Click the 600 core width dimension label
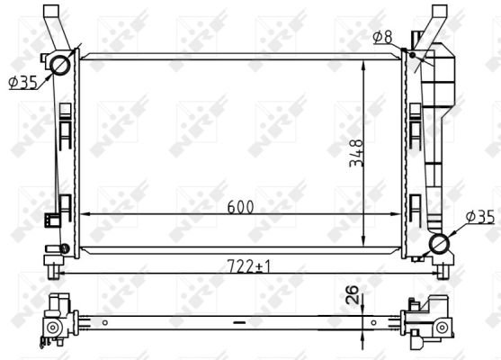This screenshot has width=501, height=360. coord(240,207)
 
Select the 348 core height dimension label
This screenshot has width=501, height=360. coord(356,153)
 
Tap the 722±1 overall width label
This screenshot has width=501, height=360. coord(248,266)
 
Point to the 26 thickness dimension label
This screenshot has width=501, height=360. coord(352,294)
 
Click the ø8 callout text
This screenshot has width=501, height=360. coord(382,37)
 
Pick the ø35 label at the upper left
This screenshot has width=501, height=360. coord(23,83)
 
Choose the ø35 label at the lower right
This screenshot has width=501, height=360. coord(480,217)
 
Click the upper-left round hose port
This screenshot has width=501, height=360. coord(60,65)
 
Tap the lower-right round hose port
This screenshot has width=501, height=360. coord(439,244)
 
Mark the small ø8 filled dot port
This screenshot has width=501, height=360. coord(412,55)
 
